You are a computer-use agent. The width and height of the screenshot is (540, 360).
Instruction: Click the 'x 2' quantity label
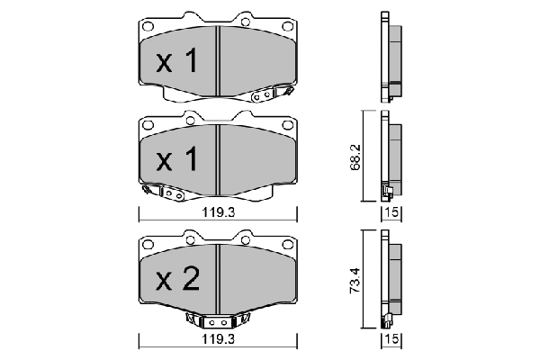(x=177, y=279)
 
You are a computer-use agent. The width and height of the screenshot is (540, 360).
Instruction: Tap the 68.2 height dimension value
(x=355, y=157)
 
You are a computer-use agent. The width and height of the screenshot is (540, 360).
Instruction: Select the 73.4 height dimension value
(x=355, y=281)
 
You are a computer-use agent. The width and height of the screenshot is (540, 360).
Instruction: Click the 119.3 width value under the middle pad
(x=218, y=212)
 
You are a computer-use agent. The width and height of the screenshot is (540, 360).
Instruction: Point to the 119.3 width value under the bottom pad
(x=218, y=339)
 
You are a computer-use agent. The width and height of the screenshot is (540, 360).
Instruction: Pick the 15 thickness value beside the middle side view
(x=391, y=212)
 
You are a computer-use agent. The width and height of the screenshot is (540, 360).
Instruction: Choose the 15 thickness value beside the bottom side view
(x=391, y=339)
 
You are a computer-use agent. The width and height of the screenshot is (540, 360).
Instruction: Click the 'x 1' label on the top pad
(x=177, y=61)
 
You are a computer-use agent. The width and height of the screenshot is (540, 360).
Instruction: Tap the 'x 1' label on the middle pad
(x=177, y=158)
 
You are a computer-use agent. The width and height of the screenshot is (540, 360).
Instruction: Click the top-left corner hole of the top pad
(x=148, y=26)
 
